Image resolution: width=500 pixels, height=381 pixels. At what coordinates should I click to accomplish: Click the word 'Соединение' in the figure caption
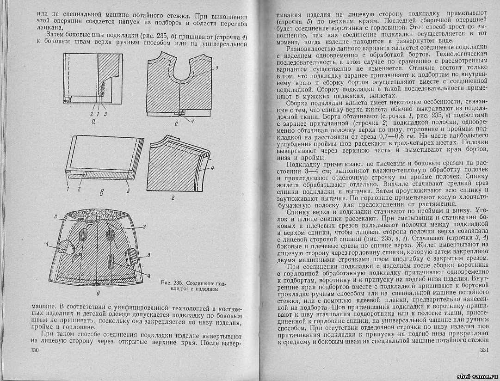point(202,283)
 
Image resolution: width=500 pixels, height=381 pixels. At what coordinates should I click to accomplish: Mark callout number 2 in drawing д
point(144,226)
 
